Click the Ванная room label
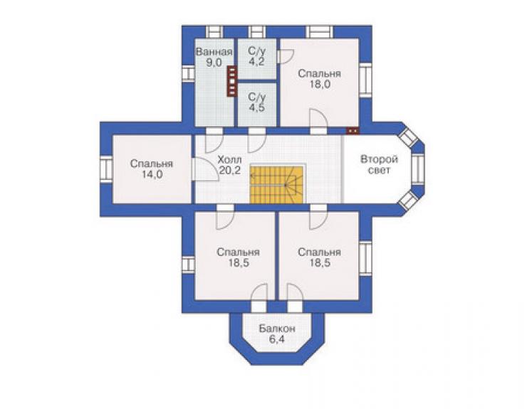(x=214, y=52)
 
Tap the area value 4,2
(x=256, y=62)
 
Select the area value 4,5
(x=257, y=108)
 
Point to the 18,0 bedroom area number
(x=320, y=84)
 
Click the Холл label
(x=229, y=159)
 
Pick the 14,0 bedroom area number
(x=152, y=174)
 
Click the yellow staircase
(x=276, y=185)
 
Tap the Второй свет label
(x=379, y=164)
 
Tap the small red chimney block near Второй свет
(x=353, y=131)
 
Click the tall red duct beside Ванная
(x=232, y=81)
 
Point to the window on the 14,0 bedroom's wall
(x=106, y=169)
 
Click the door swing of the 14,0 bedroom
(x=204, y=169)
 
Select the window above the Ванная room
(x=214, y=32)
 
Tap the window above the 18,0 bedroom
(x=319, y=32)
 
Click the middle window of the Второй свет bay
(x=418, y=169)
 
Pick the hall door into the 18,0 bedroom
(x=318, y=122)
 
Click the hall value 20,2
(x=229, y=170)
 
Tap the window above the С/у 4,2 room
(x=258, y=32)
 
